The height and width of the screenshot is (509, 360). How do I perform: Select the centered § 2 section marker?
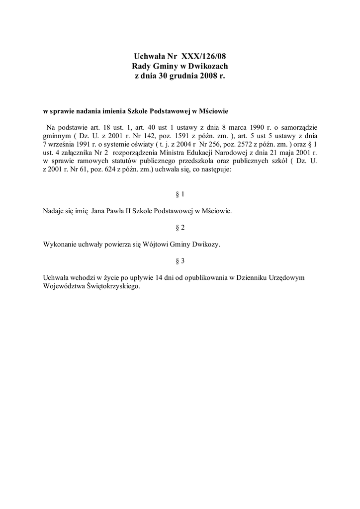[x=180, y=228]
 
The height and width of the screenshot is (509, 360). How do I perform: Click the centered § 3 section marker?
[x=180, y=260]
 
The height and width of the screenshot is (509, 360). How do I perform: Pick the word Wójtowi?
[x=156, y=245]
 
